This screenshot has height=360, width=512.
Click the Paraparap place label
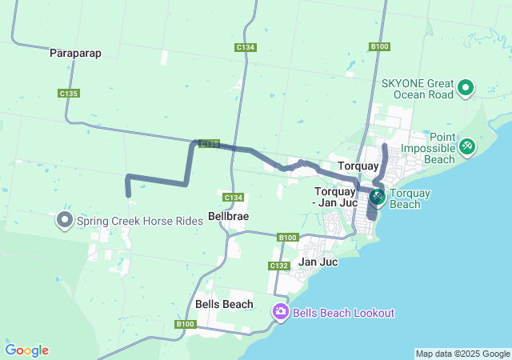[x=74, y=53]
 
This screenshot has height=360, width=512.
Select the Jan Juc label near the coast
[x=318, y=262]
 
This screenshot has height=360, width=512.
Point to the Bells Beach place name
[x=224, y=304]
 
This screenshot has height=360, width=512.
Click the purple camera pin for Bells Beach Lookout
[x=281, y=312]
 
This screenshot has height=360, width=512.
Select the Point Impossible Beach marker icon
[x=467, y=146]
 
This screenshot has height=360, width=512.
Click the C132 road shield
[x=279, y=266]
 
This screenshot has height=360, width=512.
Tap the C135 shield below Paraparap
[x=69, y=94]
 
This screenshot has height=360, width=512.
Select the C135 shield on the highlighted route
[x=209, y=144]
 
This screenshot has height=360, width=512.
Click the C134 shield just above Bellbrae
[x=233, y=198]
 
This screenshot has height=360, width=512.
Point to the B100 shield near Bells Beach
[x=185, y=324]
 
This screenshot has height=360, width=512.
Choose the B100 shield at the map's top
[x=380, y=46]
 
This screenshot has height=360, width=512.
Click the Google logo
[x=26, y=350]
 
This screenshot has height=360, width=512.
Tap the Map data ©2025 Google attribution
[x=462, y=354]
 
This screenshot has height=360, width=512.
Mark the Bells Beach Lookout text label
[x=343, y=313]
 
